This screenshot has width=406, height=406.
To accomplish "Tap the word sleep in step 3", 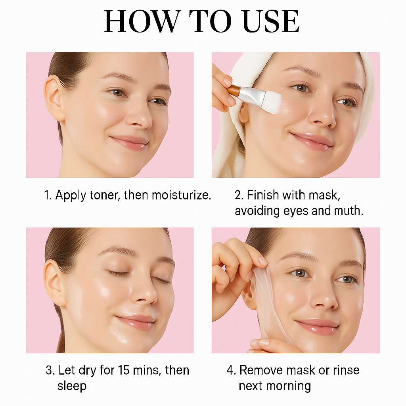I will (x=72, y=386).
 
